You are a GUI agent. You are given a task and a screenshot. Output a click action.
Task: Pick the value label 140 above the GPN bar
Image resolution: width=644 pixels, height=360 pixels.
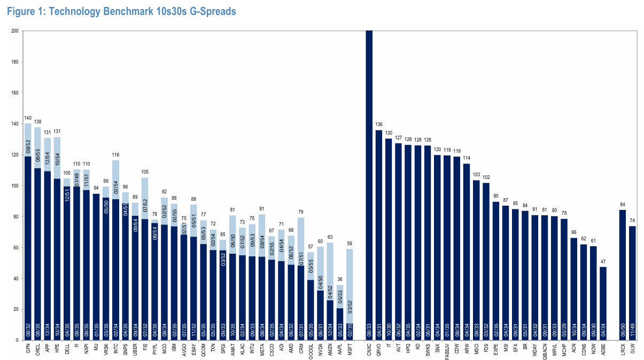click(x=28, y=118)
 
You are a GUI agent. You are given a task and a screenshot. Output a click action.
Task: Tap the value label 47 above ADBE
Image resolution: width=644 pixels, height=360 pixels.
click(x=603, y=261)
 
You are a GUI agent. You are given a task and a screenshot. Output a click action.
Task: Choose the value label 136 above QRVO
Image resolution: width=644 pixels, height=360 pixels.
click(x=379, y=125)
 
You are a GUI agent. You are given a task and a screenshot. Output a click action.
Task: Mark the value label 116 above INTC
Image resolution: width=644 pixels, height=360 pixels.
click(x=116, y=155)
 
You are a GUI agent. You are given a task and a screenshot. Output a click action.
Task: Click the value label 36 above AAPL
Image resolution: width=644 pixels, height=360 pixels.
click(x=339, y=279)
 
